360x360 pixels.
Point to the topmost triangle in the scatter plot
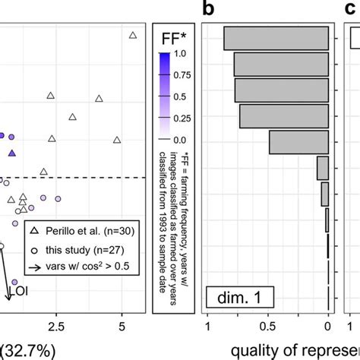133,35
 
